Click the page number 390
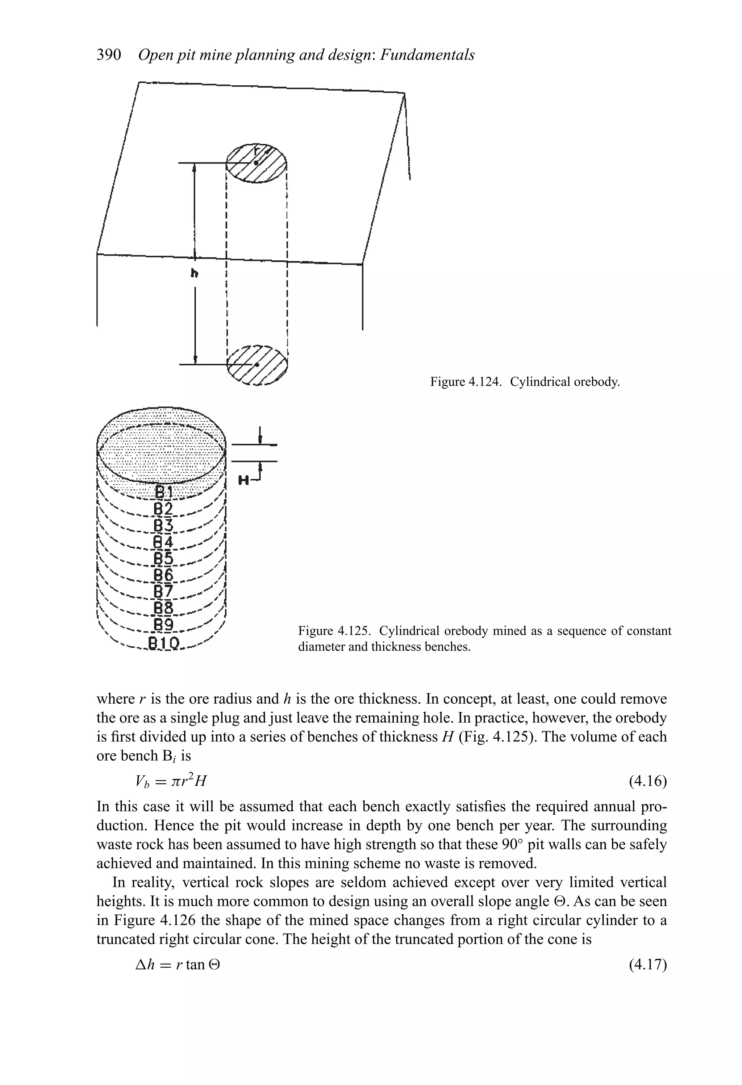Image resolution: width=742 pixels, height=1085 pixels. (109, 55)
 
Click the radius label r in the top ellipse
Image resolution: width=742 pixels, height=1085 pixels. (255, 151)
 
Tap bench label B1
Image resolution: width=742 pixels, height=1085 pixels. (163, 492)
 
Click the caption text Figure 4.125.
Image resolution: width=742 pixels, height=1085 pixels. (335, 631)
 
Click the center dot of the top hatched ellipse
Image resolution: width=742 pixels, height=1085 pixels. (256, 162)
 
